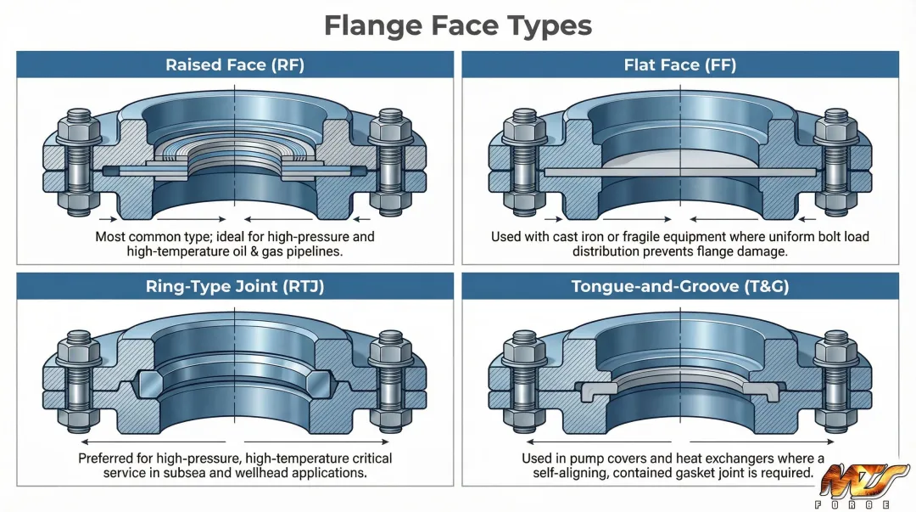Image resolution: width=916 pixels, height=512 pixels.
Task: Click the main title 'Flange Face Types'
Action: point(458,25)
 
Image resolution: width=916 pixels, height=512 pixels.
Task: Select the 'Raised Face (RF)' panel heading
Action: point(235,65)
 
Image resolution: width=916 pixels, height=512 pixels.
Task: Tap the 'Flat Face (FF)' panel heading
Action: point(680,65)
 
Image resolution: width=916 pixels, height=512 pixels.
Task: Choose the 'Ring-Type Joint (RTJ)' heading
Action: point(235,286)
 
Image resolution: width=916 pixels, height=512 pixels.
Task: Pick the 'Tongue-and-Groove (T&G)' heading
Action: point(680,286)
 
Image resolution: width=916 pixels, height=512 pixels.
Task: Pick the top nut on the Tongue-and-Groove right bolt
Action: point(835,350)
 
